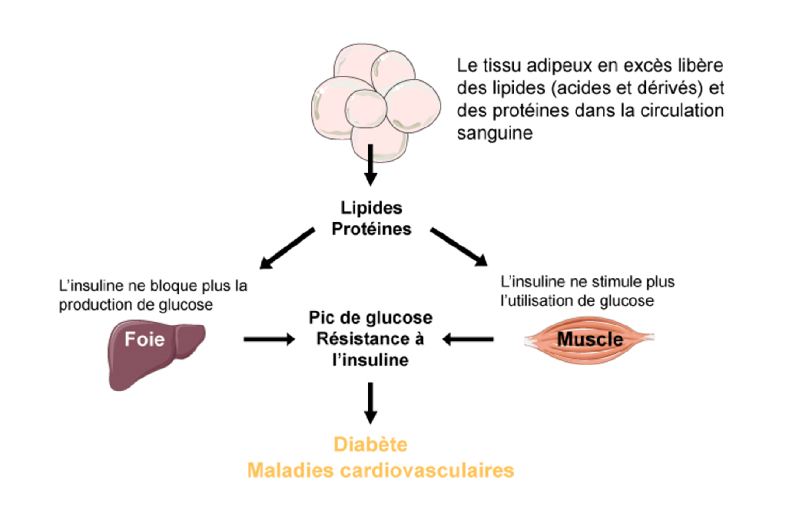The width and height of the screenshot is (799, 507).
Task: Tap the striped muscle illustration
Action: [x=589, y=339]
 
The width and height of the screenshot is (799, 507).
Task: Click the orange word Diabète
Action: [x=370, y=445]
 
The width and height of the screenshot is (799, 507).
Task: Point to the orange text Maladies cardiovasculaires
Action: [x=380, y=469]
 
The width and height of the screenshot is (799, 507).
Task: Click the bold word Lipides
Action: [x=371, y=209]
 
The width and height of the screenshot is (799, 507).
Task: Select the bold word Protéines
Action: [x=371, y=229]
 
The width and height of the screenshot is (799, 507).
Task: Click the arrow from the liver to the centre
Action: [x=268, y=338]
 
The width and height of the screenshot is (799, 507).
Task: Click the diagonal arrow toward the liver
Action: [x=287, y=247]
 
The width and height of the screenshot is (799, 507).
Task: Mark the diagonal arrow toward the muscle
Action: [x=460, y=247]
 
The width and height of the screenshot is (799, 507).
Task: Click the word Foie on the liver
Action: [x=145, y=339]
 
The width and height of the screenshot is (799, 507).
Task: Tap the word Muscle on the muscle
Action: [x=589, y=339]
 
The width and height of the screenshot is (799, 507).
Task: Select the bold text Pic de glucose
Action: [x=370, y=318]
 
